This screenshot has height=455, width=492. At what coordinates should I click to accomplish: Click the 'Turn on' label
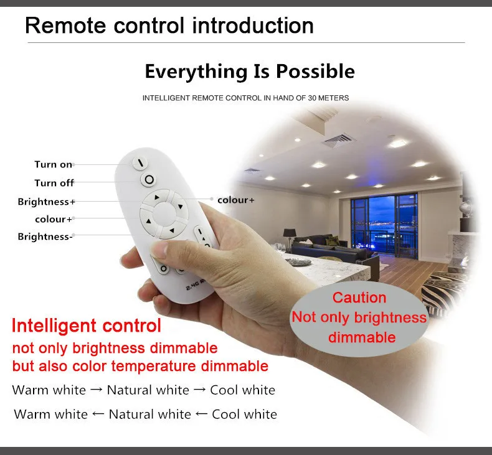[54, 164]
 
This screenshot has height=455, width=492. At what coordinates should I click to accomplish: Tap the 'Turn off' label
[54, 183]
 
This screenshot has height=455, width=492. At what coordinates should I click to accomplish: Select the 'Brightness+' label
[47, 201]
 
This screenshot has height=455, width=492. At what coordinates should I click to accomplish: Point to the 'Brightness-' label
[45, 237]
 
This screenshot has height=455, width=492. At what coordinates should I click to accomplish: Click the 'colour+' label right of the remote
[236, 200]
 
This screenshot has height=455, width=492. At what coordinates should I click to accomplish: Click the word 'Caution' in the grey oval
[359, 298]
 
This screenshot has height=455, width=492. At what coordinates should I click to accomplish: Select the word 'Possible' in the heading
[315, 72]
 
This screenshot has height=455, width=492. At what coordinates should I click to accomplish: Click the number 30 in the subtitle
[312, 98]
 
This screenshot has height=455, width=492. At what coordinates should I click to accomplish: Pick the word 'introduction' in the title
[253, 26]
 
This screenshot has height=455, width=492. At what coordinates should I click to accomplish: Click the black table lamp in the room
[290, 236]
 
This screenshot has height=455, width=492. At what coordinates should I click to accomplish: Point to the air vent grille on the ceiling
[338, 139]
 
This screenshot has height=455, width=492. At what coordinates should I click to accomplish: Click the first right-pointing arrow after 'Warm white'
[96, 390]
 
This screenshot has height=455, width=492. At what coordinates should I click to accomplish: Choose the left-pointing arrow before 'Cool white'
[201, 414]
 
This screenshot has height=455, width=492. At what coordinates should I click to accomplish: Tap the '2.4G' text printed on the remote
[192, 285]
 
